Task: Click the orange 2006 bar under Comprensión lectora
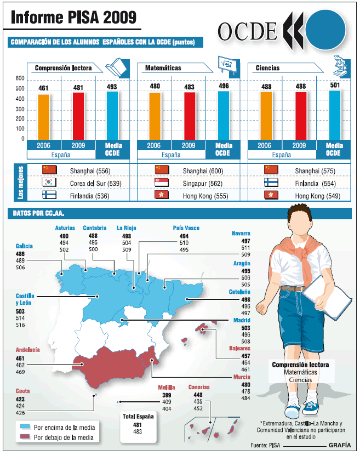pos(43,116)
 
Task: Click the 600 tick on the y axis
pos(20,78)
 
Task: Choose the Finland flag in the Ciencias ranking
pos(271,182)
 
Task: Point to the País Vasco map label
pos(186,228)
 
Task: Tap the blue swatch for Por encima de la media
pos(25,426)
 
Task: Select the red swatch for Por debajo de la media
pos(25,437)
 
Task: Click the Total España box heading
pos(138,416)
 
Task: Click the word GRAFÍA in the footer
pos(340,445)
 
